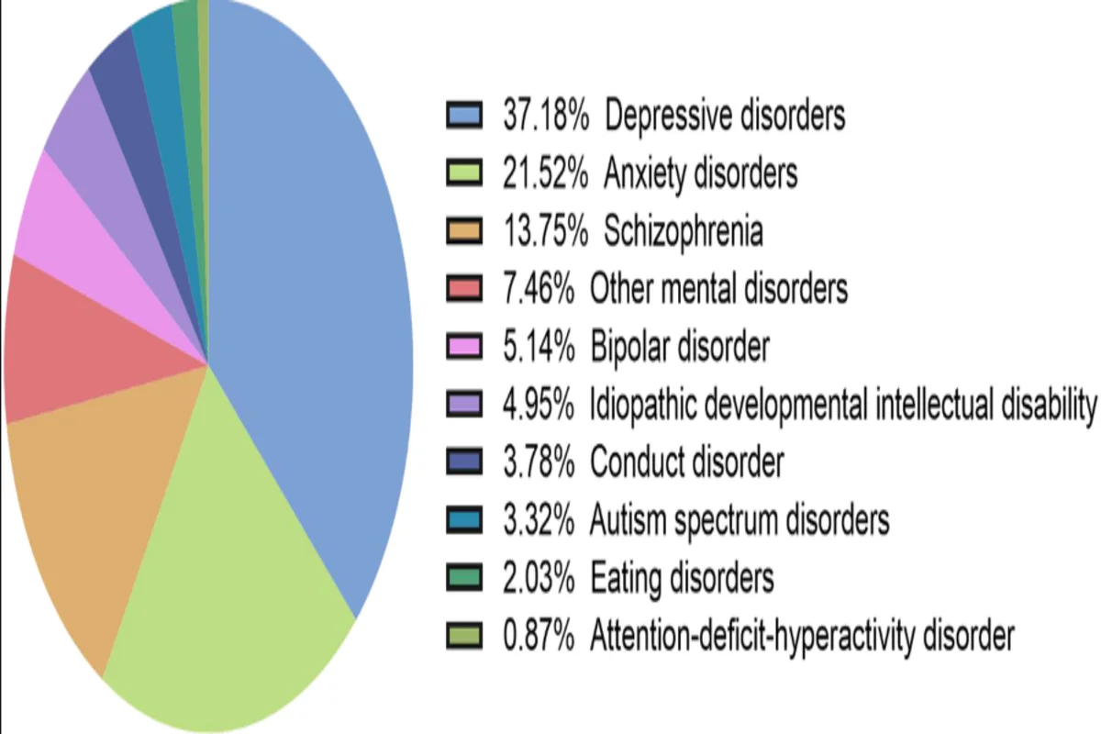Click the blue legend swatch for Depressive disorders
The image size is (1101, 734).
pos(464,117)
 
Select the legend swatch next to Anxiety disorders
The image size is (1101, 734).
pos(464,174)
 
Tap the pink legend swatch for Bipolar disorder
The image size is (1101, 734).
pos(464,348)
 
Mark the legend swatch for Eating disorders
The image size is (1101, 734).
pos(464,579)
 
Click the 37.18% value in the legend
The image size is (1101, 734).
pos(544,117)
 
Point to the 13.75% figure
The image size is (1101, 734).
pos(544,232)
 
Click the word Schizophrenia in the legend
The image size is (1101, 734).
pos(683,232)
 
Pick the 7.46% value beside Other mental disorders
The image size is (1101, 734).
pos(537,290)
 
